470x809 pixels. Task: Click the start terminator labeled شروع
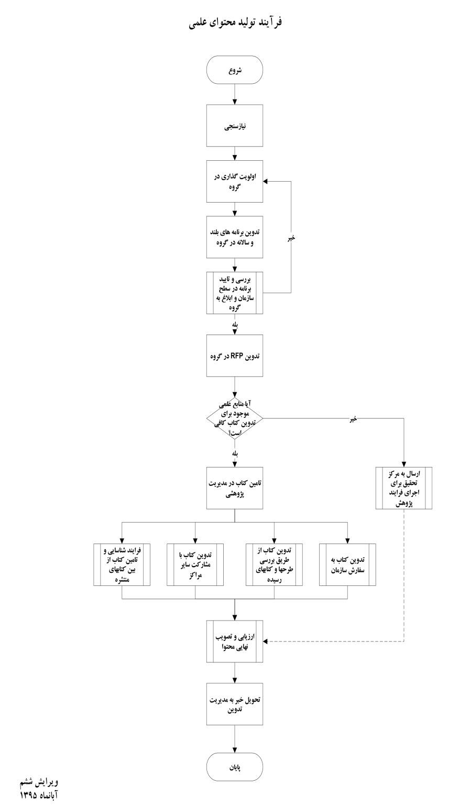[x=235, y=70]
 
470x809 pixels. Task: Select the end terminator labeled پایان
[x=235, y=767]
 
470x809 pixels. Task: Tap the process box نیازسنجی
[x=235, y=126]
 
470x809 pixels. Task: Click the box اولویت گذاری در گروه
[x=235, y=181]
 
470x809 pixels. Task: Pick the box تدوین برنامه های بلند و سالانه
[x=235, y=237]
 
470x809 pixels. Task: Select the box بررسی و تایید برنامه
[x=235, y=293]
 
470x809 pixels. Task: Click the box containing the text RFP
[x=235, y=356]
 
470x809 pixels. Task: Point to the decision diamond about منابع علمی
[x=235, y=418]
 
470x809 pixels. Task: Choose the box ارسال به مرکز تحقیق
[x=404, y=488]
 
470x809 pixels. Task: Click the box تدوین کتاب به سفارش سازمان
[x=348, y=565]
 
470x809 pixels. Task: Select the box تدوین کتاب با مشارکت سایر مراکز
[x=195, y=565]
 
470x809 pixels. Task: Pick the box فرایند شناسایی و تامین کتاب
[x=122, y=565]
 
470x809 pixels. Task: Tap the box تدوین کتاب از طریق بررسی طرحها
[x=275, y=565]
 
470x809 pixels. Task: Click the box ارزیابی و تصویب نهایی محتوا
[x=235, y=641]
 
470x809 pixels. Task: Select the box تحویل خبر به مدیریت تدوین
[x=235, y=704]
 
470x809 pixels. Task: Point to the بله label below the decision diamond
[x=235, y=454]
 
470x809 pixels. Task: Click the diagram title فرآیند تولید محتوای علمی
[x=235, y=23]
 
